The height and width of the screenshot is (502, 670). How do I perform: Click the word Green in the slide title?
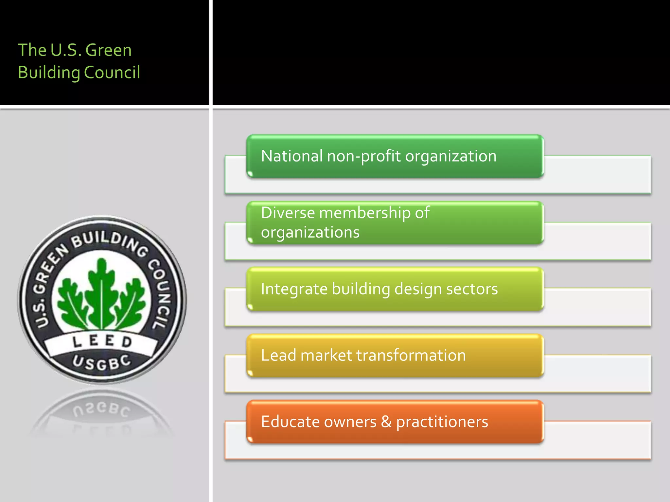(x=108, y=50)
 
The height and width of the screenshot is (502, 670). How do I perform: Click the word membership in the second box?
(x=365, y=213)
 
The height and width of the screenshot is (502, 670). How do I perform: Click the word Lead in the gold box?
(x=278, y=355)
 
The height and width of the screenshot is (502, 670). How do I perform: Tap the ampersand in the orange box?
(x=386, y=422)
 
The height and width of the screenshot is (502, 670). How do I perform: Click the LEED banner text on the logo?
(x=102, y=342)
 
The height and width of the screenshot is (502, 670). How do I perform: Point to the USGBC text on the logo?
(x=101, y=363)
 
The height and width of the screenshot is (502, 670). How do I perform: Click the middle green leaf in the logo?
(x=102, y=291)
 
